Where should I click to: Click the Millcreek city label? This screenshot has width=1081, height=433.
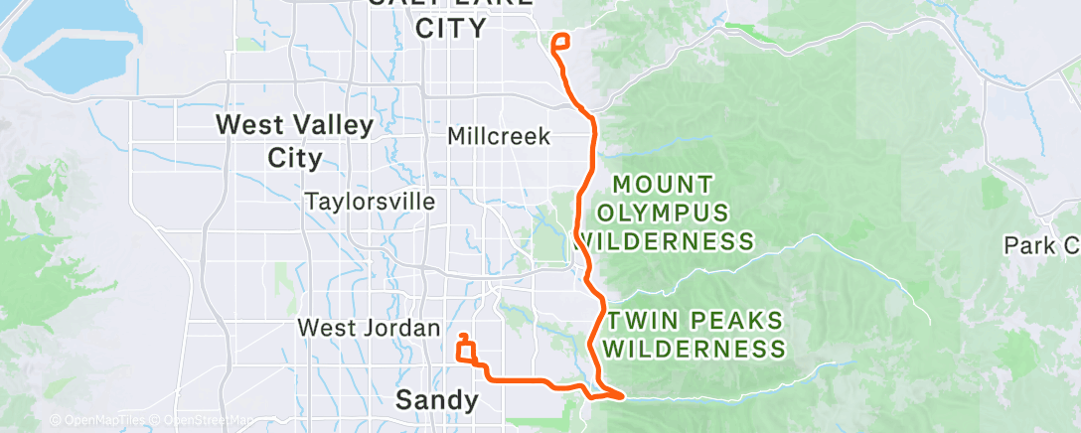[x=499, y=136]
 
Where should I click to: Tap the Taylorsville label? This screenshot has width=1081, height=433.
[x=370, y=202]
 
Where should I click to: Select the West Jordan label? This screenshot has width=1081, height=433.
[x=369, y=328]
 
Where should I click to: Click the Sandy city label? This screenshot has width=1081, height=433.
[x=436, y=400]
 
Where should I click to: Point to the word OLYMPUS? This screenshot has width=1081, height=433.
[x=663, y=213]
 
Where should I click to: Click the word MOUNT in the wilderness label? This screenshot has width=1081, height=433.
[x=663, y=185]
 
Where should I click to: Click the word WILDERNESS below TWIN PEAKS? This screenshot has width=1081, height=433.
[x=695, y=349]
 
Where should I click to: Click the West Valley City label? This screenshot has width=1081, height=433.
[x=295, y=141]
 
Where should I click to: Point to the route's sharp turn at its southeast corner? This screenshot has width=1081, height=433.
[x=622, y=395]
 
